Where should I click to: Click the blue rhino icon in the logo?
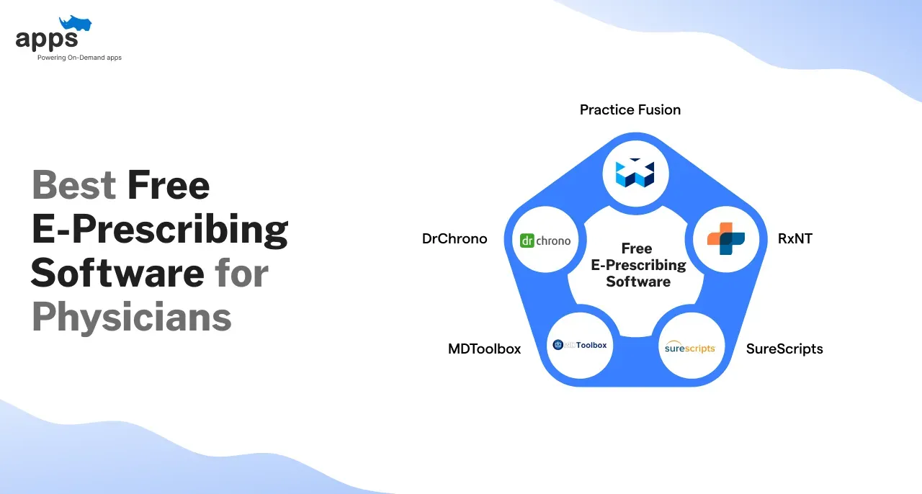click(x=76, y=23)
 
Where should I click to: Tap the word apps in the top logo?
click(x=47, y=40)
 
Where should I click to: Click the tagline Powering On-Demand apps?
click(x=79, y=58)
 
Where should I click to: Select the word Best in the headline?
click(x=74, y=185)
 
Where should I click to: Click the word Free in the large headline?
click(x=169, y=185)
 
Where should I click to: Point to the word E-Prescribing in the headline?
click(x=160, y=230)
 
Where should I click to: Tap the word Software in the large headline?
click(x=117, y=273)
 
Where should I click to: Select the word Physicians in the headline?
click(x=132, y=318)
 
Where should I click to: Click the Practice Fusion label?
click(x=630, y=110)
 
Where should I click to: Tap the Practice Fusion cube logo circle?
click(x=635, y=174)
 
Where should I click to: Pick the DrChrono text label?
click(x=455, y=239)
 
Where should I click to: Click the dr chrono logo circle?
click(x=545, y=240)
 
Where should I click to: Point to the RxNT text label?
click(x=795, y=239)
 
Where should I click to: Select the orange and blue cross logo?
click(x=726, y=239)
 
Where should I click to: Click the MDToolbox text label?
click(x=485, y=349)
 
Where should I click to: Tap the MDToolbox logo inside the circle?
click(x=580, y=345)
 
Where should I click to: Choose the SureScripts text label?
click(x=784, y=349)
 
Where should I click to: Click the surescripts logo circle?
click(x=691, y=346)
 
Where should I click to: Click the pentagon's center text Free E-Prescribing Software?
click(x=638, y=265)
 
